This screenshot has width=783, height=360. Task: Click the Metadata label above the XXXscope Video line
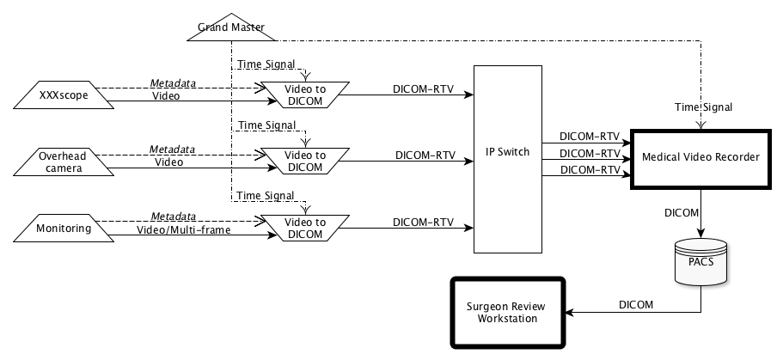[x=172, y=83]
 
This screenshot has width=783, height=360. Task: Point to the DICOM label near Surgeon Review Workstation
[x=636, y=304]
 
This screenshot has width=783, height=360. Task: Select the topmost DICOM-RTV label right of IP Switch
[x=590, y=137]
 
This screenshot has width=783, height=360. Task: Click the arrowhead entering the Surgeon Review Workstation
[x=569, y=312]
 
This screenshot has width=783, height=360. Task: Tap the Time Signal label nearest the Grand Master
[x=266, y=64]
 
